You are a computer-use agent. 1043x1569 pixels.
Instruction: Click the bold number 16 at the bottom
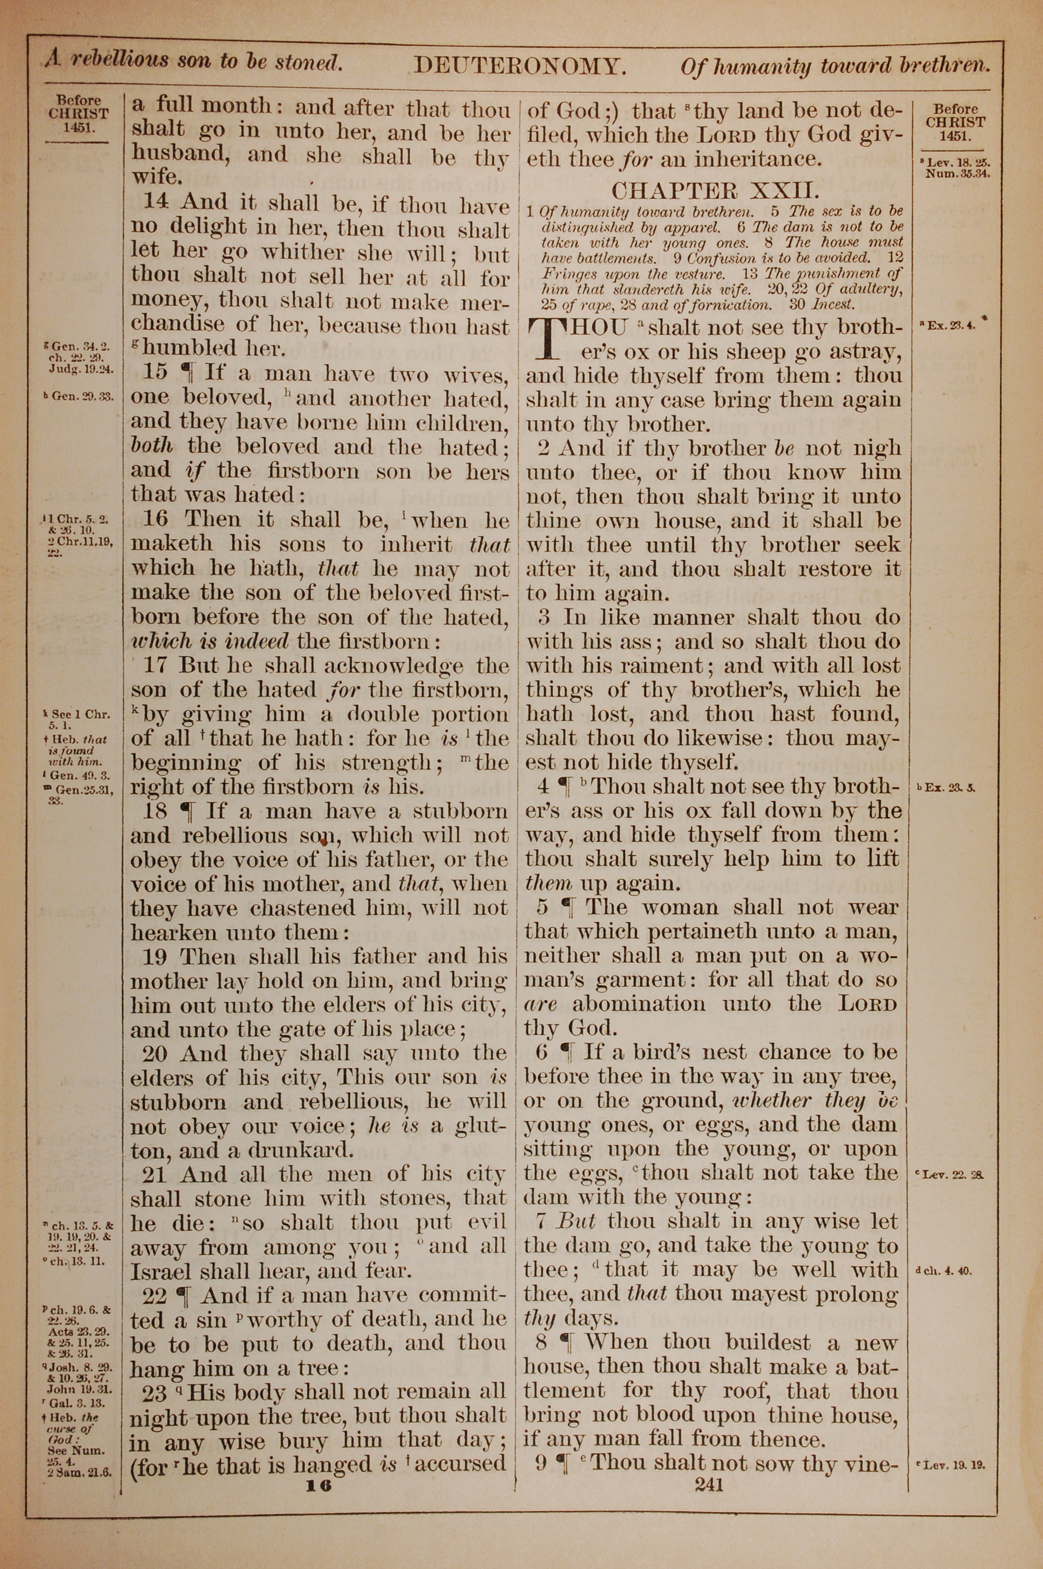(318, 1485)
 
